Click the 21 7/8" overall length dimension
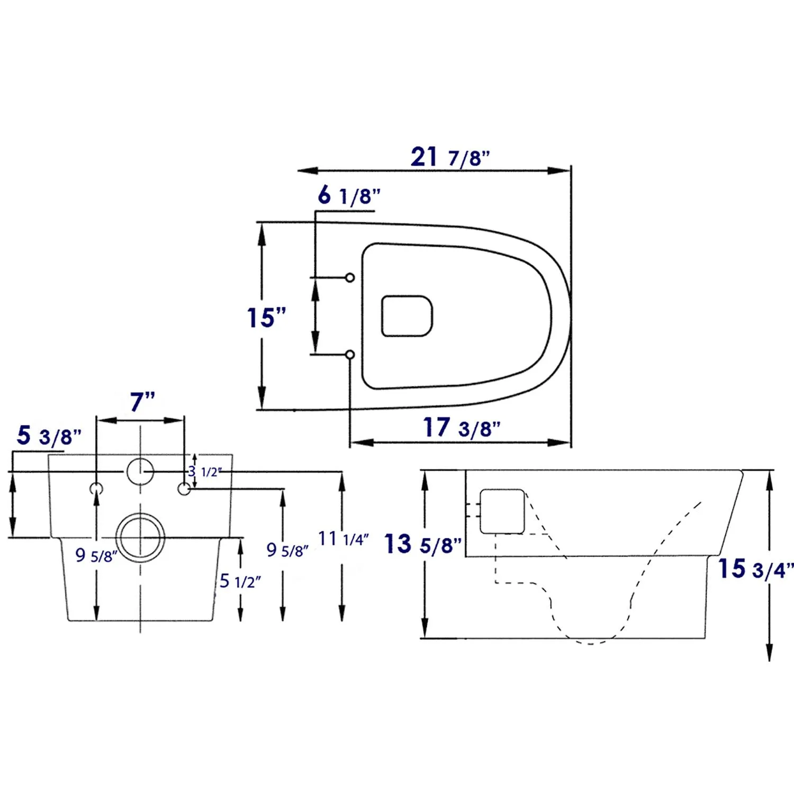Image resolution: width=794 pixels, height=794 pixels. [x=450, y=157]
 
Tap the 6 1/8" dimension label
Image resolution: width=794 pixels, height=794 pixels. [x=349, y=196]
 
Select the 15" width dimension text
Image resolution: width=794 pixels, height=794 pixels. [x=266, y=318]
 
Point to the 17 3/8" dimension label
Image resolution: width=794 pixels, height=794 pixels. [x=461, y=428]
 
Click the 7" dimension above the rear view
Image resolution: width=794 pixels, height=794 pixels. [x=142, y=402]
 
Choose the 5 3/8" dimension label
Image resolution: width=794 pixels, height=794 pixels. [x=49, y=436]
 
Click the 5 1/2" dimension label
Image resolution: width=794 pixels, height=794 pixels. [x=240, y=581]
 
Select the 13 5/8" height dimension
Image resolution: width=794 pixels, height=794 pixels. [x=422, y=545]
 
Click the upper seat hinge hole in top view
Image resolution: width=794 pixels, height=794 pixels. [x=349, y=277]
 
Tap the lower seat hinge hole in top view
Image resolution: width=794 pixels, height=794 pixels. [x=349, y=354]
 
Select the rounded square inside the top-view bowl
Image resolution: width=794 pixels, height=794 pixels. [x=407, y=316]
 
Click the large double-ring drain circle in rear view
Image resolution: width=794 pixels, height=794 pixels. [x=140, y=537]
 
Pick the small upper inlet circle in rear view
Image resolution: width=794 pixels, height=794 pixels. [x=140, y=471]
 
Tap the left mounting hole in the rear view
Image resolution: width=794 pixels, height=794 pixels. [x=96, y=489]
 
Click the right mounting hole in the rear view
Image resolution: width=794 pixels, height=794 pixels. [x=184, y=489]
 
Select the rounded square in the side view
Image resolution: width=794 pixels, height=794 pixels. [x=502, y=511]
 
